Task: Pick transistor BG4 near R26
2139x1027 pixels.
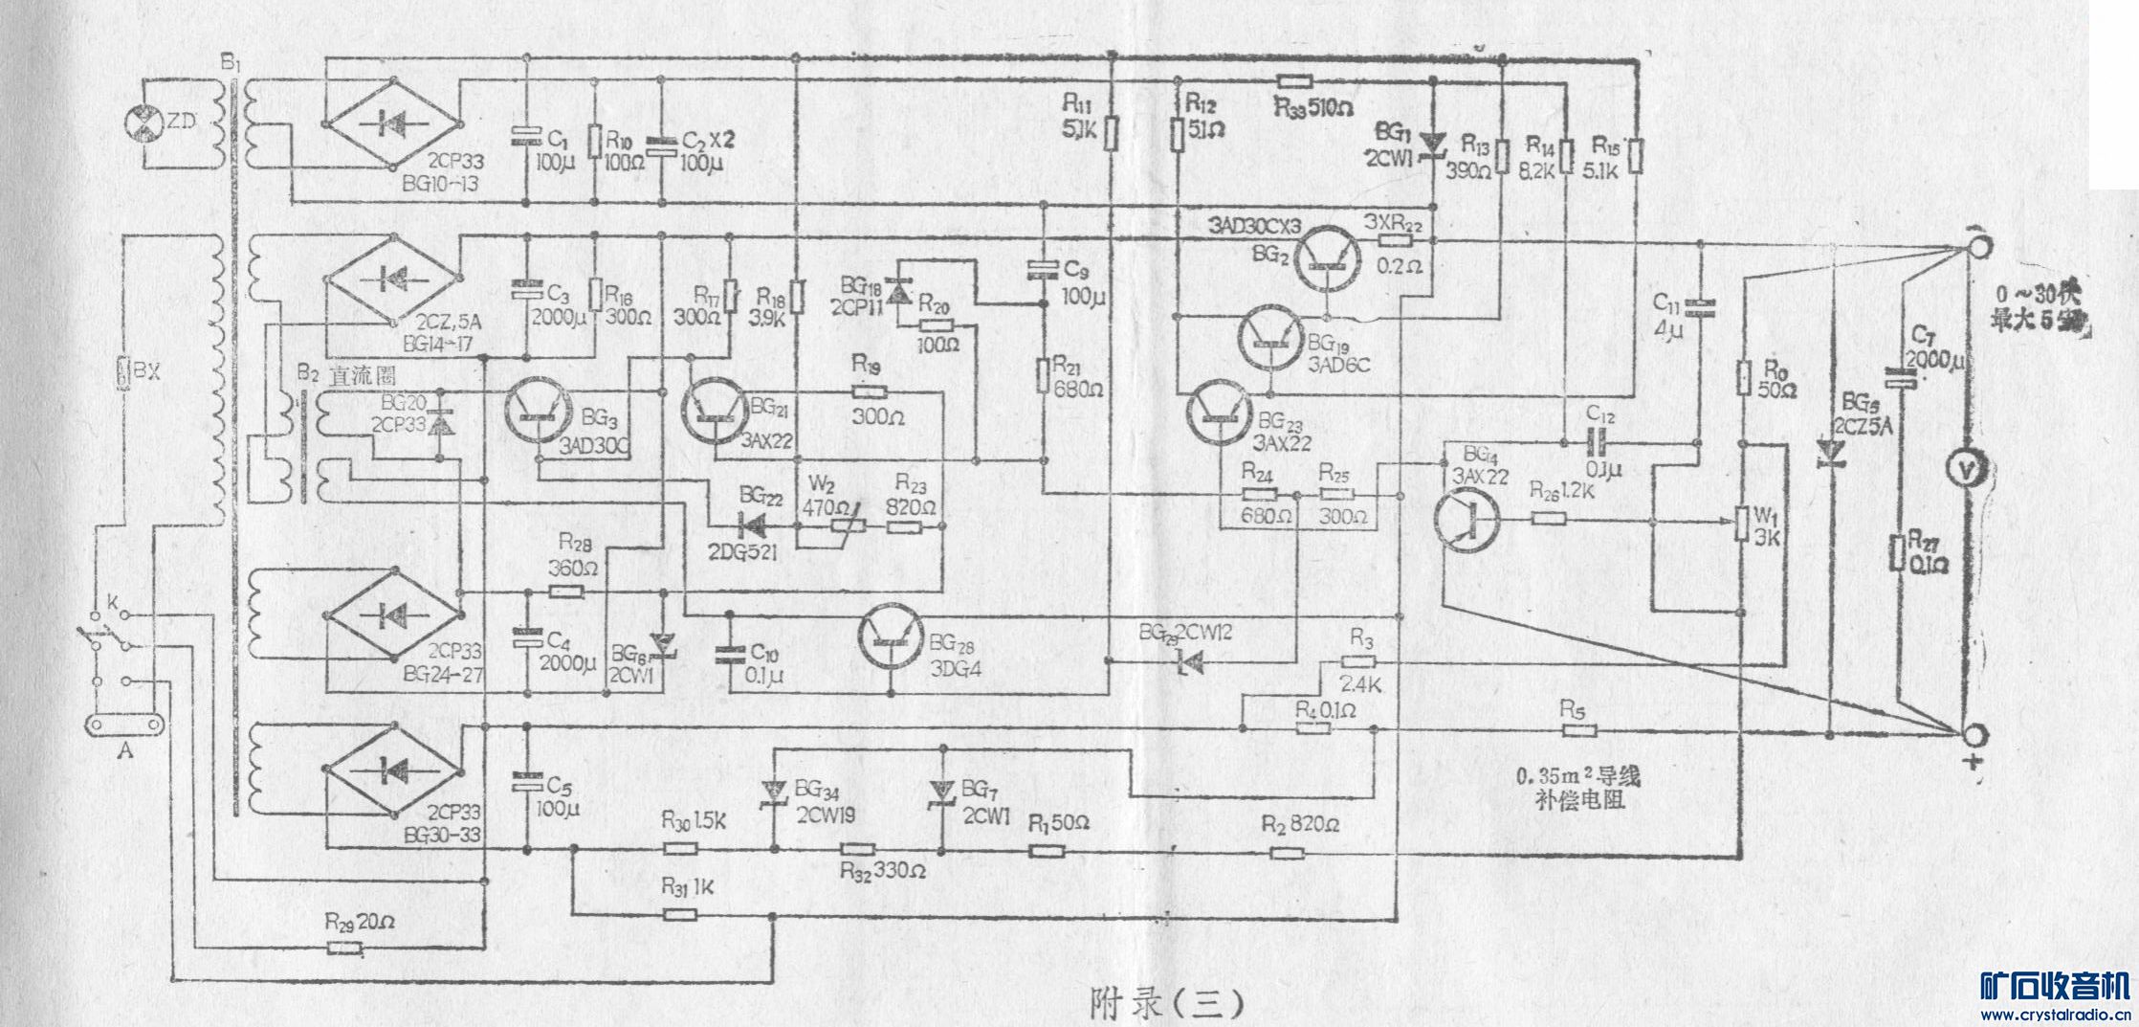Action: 1466,518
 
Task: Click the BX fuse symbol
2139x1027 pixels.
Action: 122,374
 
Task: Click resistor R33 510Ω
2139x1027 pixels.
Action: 1294,82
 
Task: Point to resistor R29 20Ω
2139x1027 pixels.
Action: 343,948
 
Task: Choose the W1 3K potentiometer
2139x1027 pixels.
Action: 1742,523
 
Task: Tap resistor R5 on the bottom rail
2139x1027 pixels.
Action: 1579,730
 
